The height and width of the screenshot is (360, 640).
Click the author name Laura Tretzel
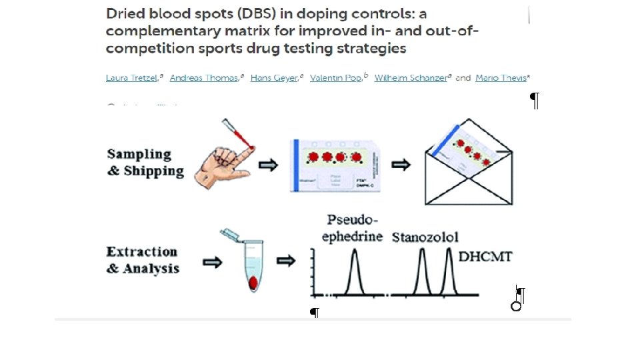pyautogui.click(x=131, y=78)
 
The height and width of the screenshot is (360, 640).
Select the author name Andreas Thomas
pyautogui.click(x=204, y=78)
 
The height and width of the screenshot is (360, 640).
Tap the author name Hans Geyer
pyautogui.click(x=274, y=78)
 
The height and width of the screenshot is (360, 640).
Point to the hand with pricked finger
pyautogui.click(x=223, y=160)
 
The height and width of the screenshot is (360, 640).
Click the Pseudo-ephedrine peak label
pyautogui.click(x=353, y=229)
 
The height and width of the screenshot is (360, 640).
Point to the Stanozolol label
pyautogui.click(x=425, y=237)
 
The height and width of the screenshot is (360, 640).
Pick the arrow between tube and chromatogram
pyautogui.click(x=287, y=261)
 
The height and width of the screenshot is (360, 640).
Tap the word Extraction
pyautogui.click(x=142, y=252)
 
